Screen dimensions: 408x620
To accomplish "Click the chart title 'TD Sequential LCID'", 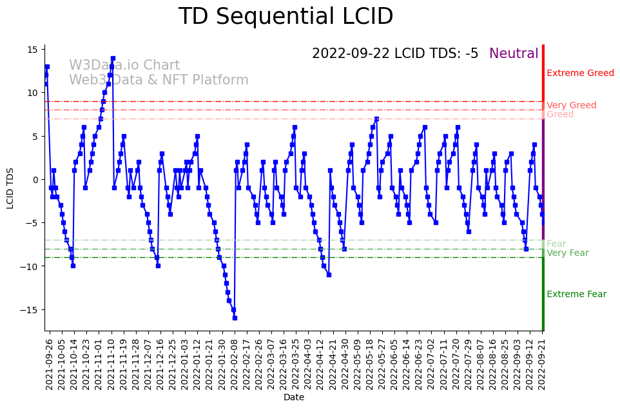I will coord(286,17).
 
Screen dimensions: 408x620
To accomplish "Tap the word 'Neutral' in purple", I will coord(514,53).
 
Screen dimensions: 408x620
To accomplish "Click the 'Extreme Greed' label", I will coord(580,73).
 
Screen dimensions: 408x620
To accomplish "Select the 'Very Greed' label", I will coord(571,105).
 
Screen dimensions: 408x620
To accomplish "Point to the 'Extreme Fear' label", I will coord(576,294).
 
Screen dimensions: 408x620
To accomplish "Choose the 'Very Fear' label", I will coord(567,253).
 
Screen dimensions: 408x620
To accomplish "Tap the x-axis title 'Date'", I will coord(294,397).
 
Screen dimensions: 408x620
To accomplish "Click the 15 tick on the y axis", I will coord(32,50).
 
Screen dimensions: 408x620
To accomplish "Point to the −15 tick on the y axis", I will coord(29,309).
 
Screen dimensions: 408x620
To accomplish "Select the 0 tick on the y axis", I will coord(35,179).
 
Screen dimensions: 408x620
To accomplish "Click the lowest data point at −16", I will coord(235,318).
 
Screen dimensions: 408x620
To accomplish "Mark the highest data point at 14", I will coord(113,58).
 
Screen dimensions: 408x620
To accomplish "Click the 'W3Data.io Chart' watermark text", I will coord(124,65).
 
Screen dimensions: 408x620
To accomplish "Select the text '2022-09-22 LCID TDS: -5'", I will coord(395,53).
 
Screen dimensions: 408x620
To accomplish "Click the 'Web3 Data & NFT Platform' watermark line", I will coord(159,80).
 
